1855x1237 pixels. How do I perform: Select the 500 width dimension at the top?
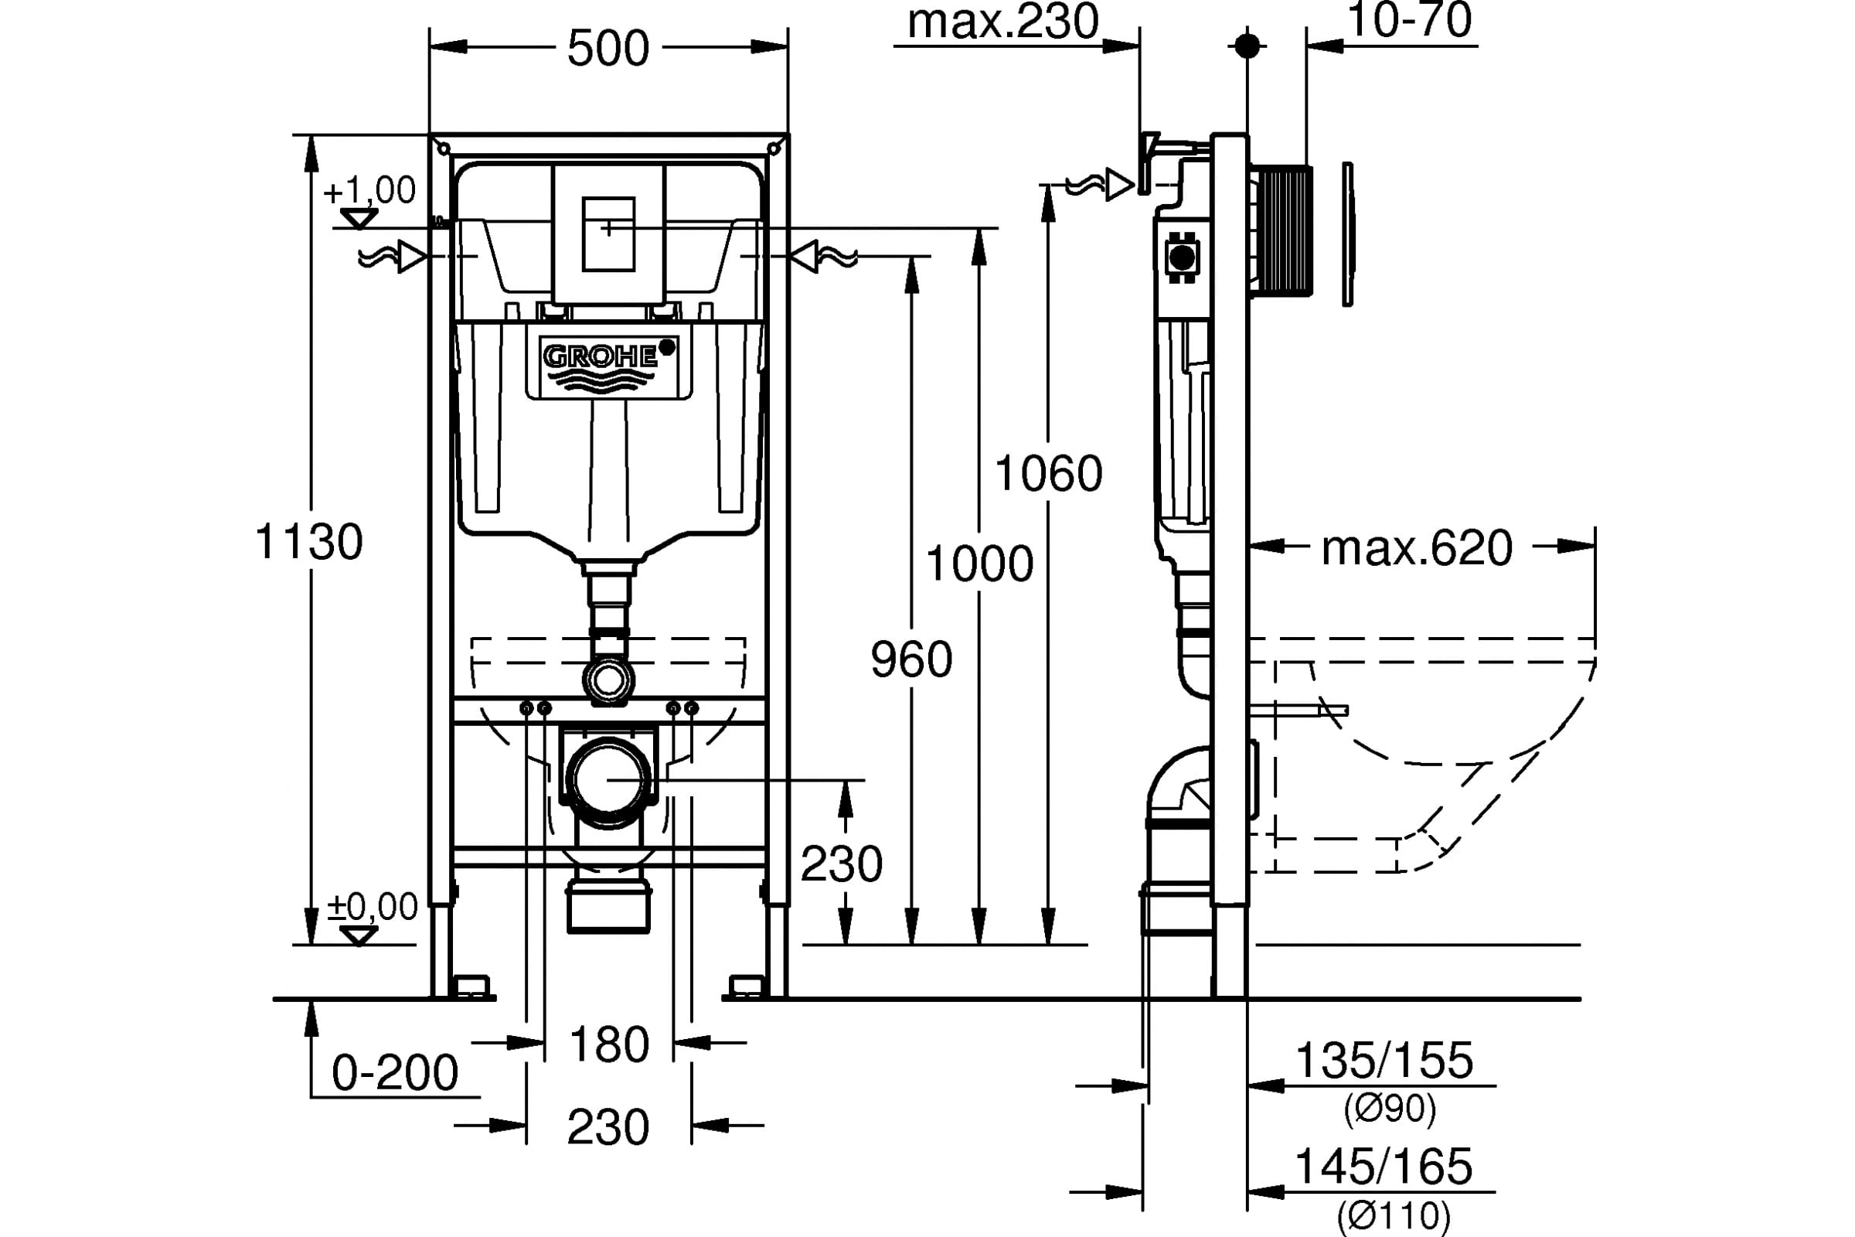608,49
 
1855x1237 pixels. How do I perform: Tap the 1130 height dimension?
309,542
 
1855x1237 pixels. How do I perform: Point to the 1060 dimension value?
1048,474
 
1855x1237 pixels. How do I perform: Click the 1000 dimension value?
979,564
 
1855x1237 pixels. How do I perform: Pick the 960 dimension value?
912,659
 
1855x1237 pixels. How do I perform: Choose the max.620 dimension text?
1417,548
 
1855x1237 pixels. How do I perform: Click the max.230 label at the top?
1002,22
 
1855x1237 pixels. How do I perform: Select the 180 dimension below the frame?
609,1045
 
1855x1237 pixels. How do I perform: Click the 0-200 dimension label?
394,1073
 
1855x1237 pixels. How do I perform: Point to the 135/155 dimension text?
1384,1060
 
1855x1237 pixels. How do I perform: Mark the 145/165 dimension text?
1384,1166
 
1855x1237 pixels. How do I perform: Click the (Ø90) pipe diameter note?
1390,1109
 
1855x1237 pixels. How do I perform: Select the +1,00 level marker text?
370,191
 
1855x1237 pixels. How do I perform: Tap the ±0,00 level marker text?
373,907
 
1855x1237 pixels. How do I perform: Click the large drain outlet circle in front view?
608,779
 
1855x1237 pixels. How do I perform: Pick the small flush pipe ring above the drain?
608,680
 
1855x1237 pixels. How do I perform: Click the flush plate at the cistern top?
608,234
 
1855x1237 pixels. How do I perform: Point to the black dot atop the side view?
1247,46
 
